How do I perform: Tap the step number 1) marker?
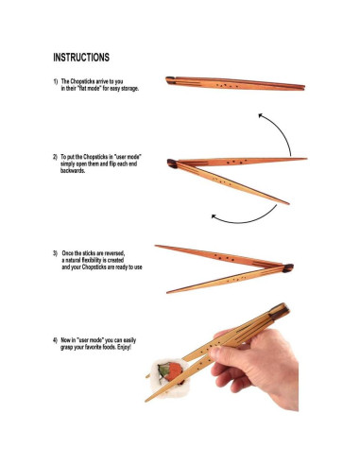56,82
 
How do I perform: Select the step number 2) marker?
56,155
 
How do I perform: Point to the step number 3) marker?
56,254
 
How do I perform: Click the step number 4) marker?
56,339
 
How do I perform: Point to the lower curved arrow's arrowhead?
214,217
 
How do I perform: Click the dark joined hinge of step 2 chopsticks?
172,164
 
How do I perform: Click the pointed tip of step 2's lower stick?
287,203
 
